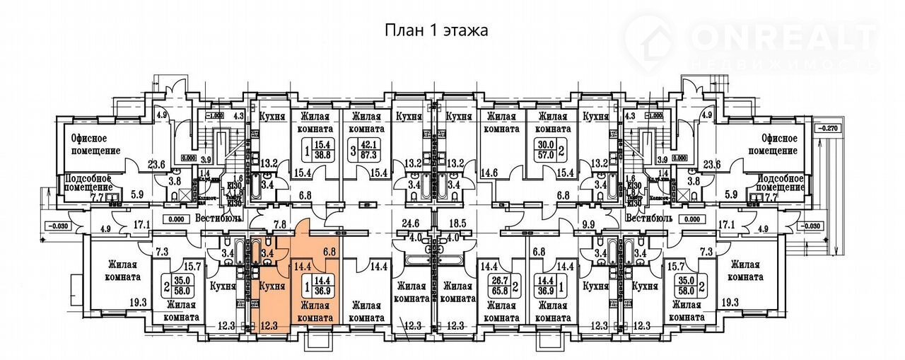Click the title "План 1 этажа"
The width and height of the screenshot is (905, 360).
coord(436,30)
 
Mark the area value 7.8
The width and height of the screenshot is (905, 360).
coord(279,225)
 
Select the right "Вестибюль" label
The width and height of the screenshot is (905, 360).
coord(648,217)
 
